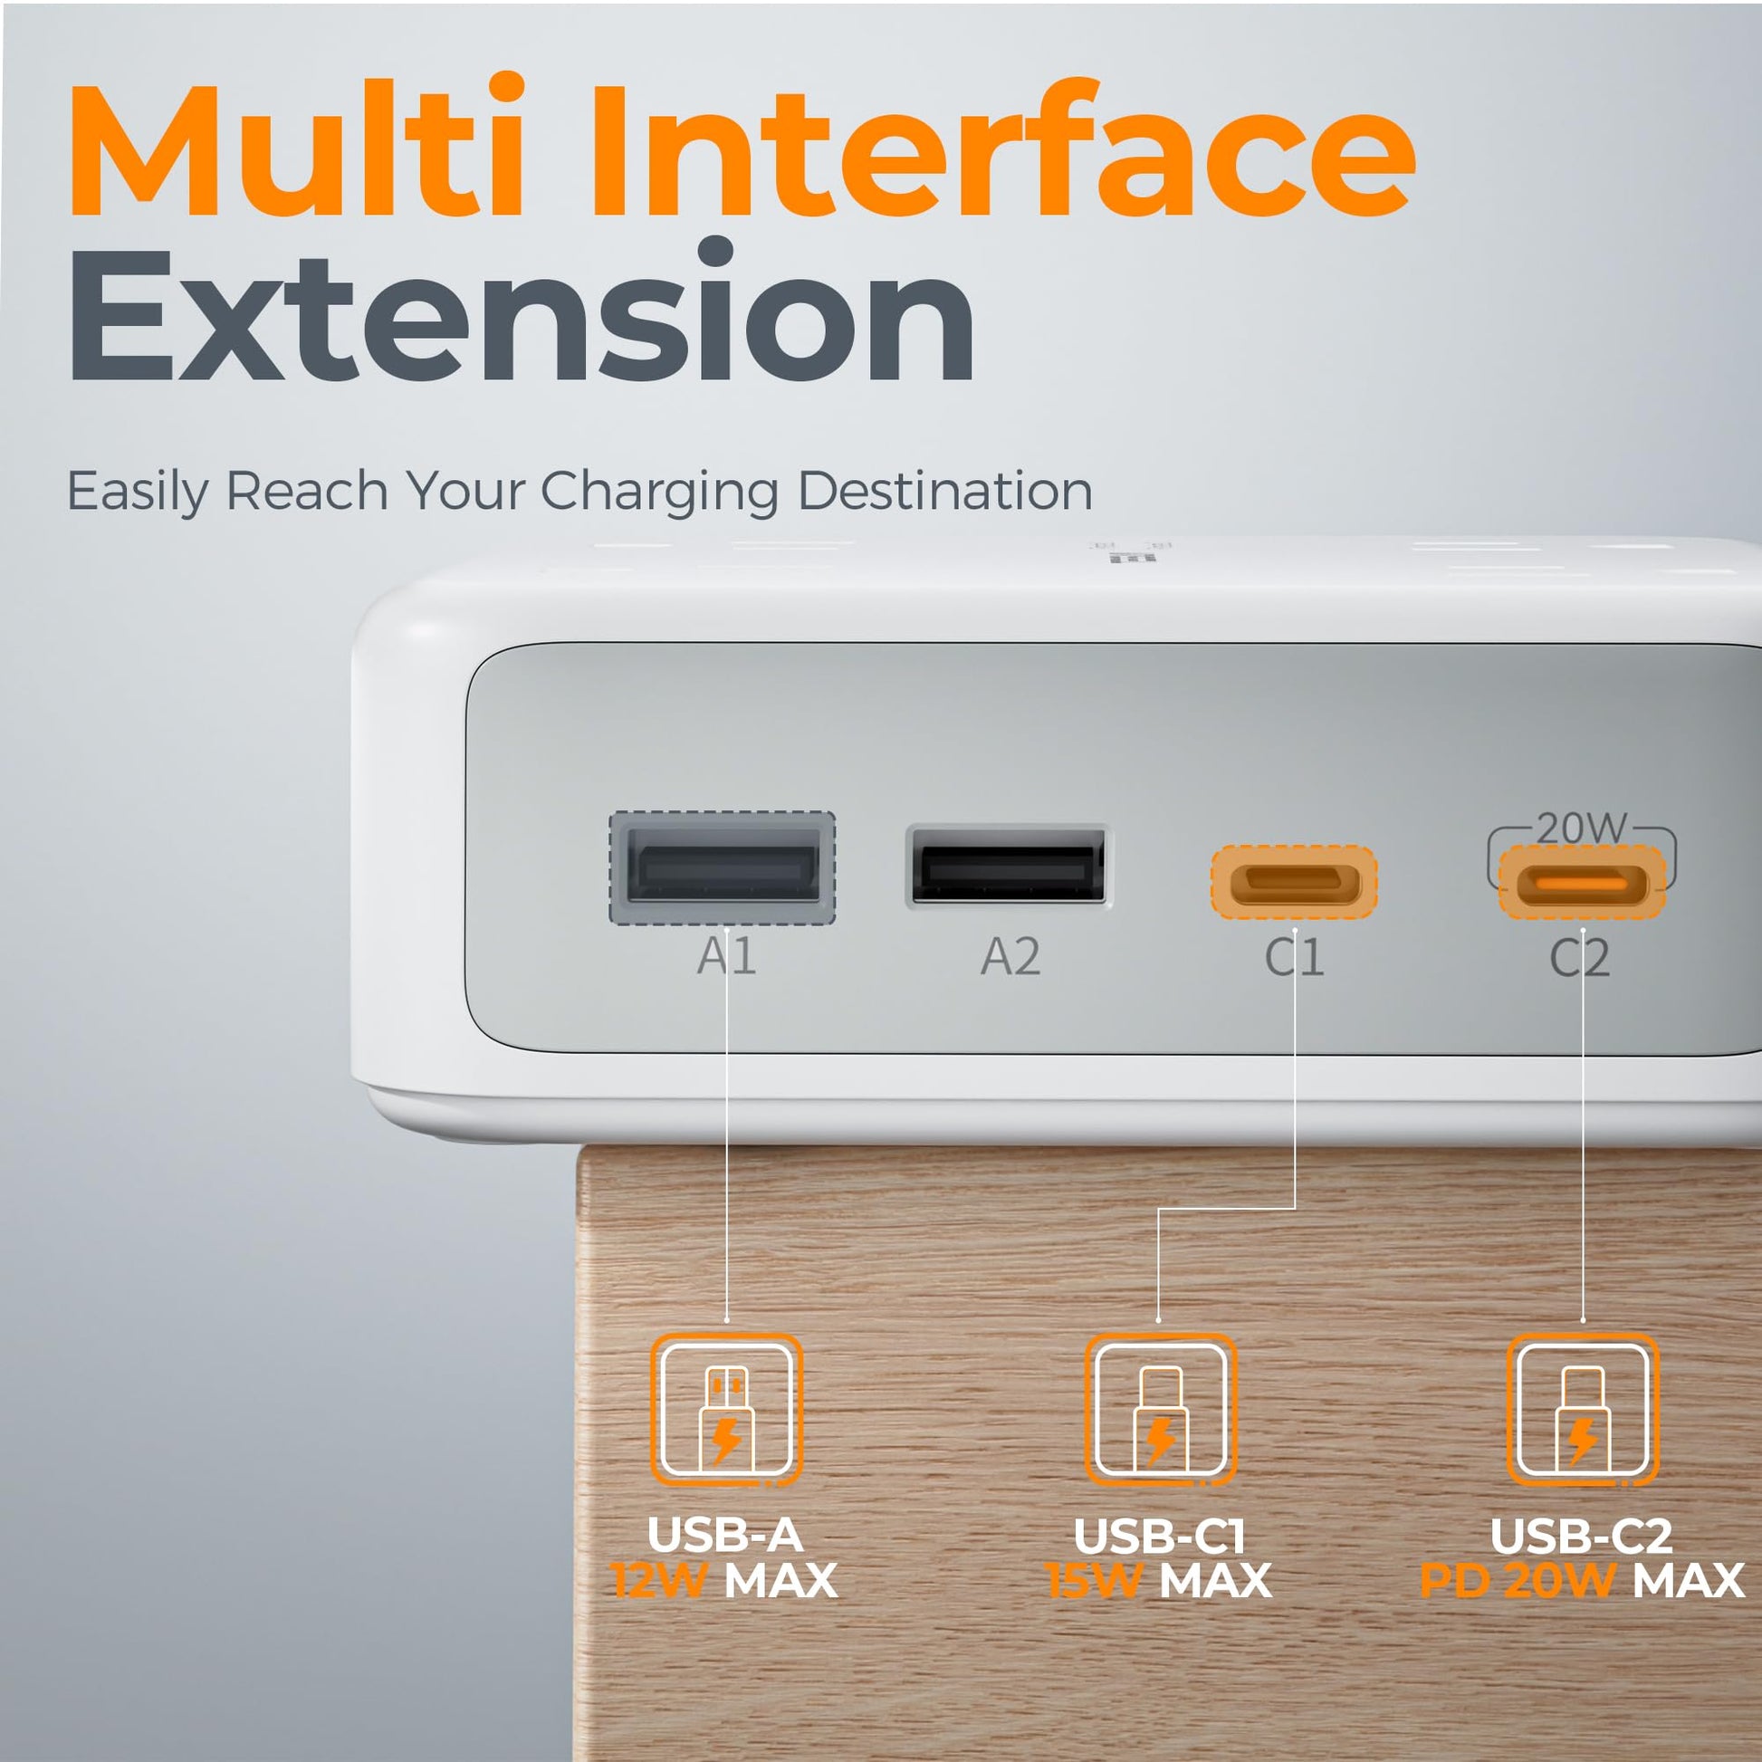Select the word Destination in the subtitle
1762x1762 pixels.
point(945,493)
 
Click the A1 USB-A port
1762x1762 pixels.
point(723,868)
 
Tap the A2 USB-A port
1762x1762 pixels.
point(1009,867)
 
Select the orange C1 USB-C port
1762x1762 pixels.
point(1294,883)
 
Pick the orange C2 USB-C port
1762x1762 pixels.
point(1583,883)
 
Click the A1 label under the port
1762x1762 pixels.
point(727,957)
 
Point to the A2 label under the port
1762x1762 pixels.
point(1010,957)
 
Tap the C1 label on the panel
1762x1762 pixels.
point(1294,958)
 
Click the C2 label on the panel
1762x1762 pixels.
point(1580,958)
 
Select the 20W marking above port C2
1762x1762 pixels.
point(1582,828)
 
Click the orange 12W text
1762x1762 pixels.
point(658,1581)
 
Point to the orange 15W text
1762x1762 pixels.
point(1094,1581)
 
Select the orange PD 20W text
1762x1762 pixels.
point(1518,1581)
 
